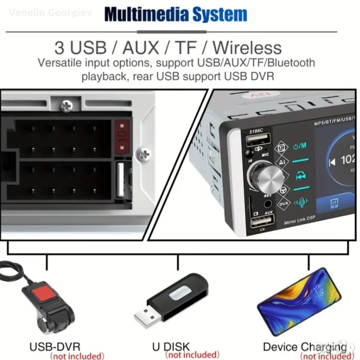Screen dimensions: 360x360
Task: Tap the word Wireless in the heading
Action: [247, 47]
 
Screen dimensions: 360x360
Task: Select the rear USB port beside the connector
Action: [120, 179]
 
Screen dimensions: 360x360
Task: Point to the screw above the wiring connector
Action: [66, 106]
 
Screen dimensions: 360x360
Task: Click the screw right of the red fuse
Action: [144, 153]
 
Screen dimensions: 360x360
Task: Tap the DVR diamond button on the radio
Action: [283, 204]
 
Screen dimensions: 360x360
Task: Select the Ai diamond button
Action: [282, 162]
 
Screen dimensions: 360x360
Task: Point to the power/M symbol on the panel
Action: [300, 146]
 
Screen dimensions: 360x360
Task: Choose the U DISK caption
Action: [171, 346]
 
